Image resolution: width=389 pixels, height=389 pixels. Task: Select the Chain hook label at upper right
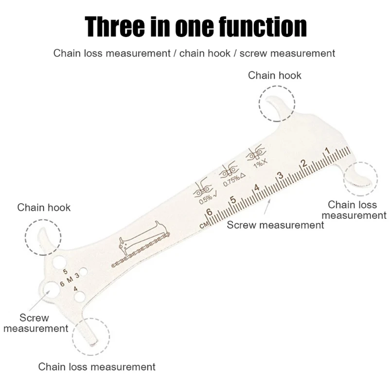pyautogui.click(x=274, y=75)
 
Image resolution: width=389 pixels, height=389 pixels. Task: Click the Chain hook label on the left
pyautogui.click(x=44, y=208)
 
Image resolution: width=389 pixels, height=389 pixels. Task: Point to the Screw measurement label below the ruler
pyautogui.click(x=275, y=225)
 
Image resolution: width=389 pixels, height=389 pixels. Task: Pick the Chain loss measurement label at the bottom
pyautogui.click(x=97, y=367)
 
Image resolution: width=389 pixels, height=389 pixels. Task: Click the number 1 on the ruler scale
pyautogui.click(x=327, y=151)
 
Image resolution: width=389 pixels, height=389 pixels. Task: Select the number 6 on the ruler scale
pyautogui.click(x=209, y=212)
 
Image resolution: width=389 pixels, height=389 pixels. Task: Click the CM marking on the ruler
pyautogui.click(x=205, y=225)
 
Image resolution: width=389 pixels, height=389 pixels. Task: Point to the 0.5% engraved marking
pyautogui.click(x=205, y=198)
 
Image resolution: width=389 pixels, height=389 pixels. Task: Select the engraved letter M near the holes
pyautogui.click(x=70, y=279)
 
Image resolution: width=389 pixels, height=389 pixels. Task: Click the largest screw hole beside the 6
pyautogui.click(x=50, y=291)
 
